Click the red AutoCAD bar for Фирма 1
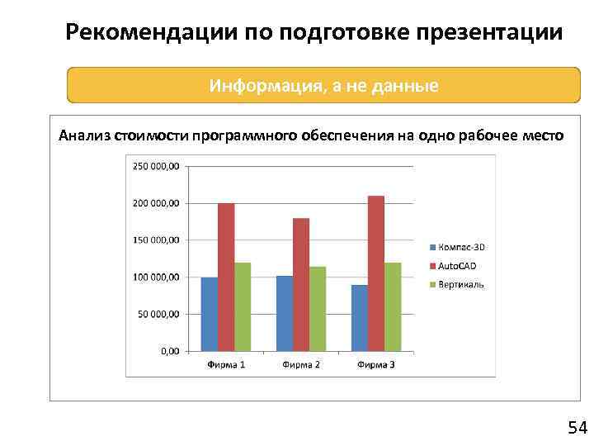pos(226,277)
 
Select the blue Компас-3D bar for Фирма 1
pos(210,314)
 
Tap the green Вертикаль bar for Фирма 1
pos(243,306)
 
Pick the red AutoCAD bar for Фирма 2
pos(301,284)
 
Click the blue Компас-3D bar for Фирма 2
pos(285,313)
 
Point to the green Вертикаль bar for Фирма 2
pos(318,308)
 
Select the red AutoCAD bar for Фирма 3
pos(376,273)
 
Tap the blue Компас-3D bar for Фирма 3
pos(360,318)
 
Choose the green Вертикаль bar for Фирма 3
pos(393,306)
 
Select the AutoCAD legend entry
pos(456,266)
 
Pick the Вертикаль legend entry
pos(460,285)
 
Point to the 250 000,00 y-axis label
pos(155,166)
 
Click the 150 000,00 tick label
pos(155,240)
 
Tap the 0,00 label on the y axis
pos(169,351)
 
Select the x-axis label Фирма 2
pos(301,364)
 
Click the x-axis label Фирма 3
pos(376,364)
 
